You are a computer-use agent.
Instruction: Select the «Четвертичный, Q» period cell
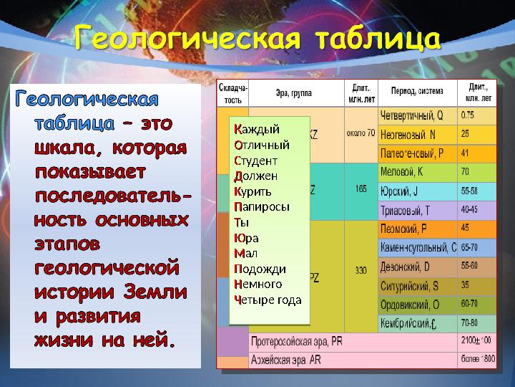point(411,115)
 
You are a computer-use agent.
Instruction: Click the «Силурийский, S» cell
point(411,285)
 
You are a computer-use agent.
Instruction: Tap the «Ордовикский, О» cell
point(411,305)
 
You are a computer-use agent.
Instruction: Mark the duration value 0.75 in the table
point(468,115)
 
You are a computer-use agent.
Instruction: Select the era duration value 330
point(360,270)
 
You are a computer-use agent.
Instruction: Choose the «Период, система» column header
point(417,91)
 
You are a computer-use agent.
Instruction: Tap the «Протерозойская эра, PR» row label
point(296,342)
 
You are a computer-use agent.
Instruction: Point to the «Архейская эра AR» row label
point(285,360)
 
